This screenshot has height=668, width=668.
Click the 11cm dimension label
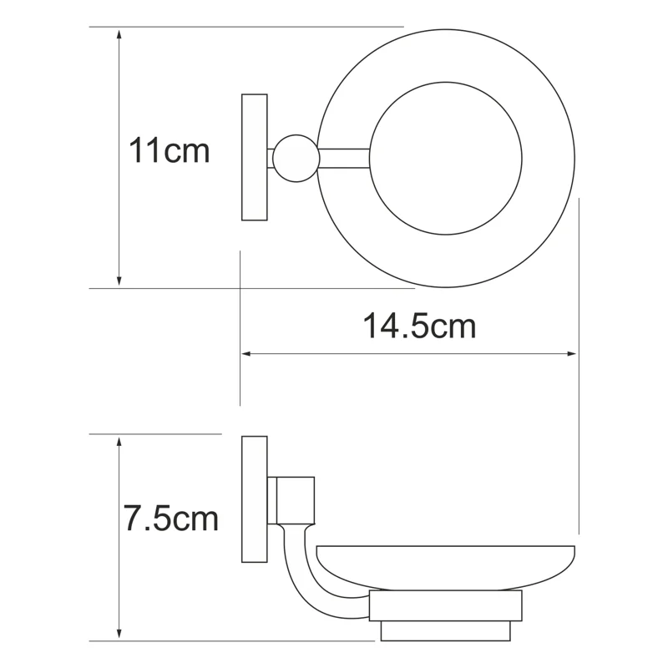tap(170, 150)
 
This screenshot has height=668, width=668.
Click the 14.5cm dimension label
tap(419, 326)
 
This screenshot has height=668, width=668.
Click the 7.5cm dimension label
tap(170, 518)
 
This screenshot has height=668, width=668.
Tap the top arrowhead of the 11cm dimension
tap(119, 33)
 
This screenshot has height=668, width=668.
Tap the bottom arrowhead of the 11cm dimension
tap(119, 281)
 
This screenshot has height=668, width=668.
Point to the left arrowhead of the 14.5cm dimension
tap(247, 353)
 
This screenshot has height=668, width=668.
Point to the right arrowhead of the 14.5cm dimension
tap(571, 353)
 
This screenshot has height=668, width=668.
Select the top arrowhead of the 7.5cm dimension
tap(119, 442)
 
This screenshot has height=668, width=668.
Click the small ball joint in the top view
tap(296, 159)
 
